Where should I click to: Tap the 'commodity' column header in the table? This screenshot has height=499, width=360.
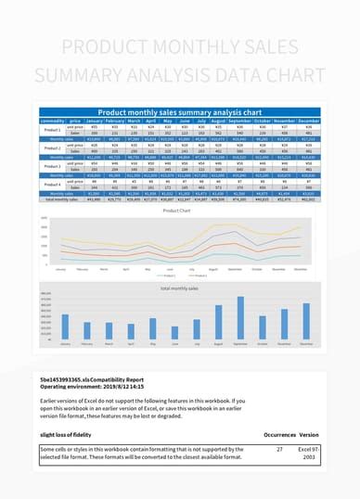coord(53,121)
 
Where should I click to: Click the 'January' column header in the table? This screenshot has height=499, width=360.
coord(94,121)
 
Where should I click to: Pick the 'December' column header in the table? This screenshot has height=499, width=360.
coord(309,121)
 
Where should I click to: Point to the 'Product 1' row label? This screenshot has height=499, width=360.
coord(53,130)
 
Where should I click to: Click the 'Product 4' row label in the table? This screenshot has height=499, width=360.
coord(53,185)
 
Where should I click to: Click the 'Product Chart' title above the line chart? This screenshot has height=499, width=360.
coord(176,211)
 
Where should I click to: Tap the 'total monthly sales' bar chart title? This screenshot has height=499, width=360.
coord(179,288)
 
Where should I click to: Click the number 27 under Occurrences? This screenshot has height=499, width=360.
coord(279,449)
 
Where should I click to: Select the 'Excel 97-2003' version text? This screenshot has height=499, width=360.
coord(309,454)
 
